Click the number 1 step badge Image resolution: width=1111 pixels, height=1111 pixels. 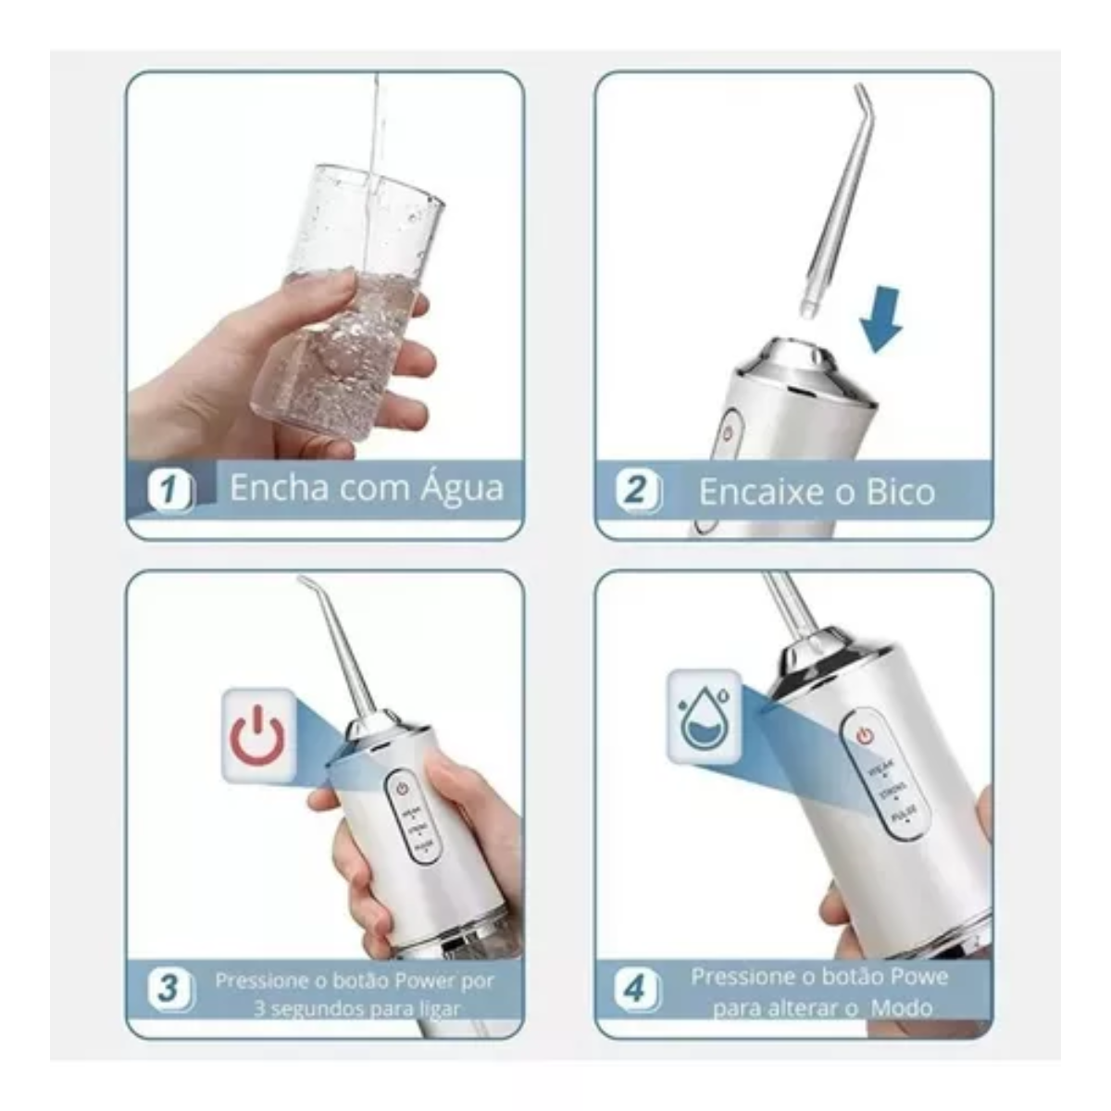(x=169, y=490)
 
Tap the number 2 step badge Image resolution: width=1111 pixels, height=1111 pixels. (x=638, y=490)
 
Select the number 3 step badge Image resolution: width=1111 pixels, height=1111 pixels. (x=169, y=988)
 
